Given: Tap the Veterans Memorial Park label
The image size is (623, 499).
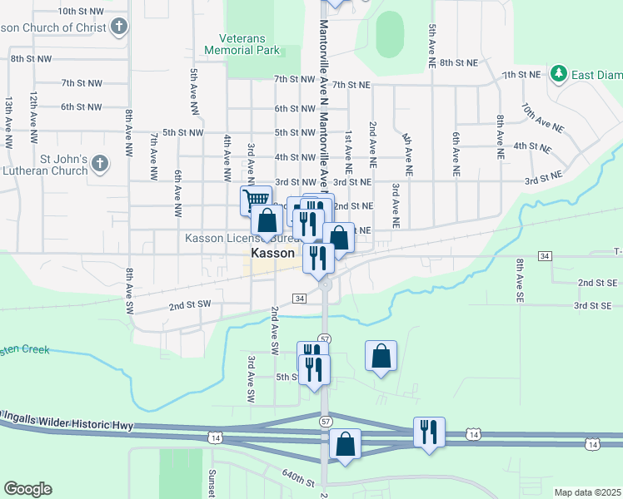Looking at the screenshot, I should point(248,44).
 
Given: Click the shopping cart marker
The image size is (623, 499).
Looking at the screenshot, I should point(256,200).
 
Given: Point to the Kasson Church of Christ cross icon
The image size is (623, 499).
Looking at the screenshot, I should point(119,27).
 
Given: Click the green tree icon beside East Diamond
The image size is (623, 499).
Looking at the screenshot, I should point(559,75).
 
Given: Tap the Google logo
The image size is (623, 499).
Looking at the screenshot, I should point(27,489).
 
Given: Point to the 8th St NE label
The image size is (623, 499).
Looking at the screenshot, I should point(459,62).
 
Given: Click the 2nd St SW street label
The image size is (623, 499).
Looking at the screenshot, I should point(187,306).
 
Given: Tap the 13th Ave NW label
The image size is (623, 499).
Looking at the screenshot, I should point(9,116).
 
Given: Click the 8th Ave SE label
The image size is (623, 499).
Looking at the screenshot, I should point(519,279).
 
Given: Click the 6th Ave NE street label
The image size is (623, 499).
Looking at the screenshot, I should point(456,146).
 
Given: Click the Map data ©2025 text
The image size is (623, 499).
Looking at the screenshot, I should point(587,492).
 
